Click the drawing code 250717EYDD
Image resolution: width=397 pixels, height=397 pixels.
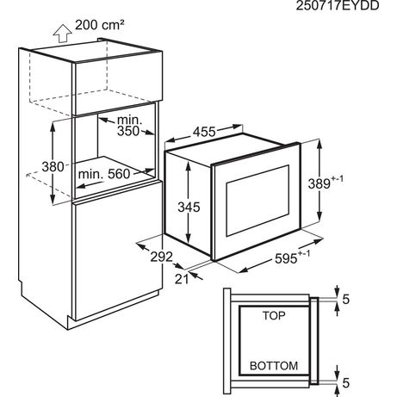coord(338,5)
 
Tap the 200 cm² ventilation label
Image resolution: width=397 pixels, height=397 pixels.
coord(100,25)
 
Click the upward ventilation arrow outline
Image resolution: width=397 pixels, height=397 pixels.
coord(62,34)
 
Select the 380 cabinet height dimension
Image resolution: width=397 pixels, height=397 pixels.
coord(53,166)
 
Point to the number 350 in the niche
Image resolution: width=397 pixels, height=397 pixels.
coord(128,131)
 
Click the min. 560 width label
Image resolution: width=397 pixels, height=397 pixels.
coord(104,174)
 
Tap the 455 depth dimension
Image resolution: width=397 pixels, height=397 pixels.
coord(204,132)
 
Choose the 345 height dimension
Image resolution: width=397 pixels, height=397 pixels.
coord(189,207)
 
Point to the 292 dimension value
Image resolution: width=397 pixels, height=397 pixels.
coord(162,257)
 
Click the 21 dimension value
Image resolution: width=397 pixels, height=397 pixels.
coord(182,279)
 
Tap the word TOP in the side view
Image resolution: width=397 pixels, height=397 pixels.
coord(274,316)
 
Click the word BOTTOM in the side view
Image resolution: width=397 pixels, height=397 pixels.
coord(274,366)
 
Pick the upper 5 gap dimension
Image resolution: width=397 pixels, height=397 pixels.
coord(346,300)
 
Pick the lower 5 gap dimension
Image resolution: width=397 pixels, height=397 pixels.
coord(346,383)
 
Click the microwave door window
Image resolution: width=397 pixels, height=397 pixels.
coord(257,201)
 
